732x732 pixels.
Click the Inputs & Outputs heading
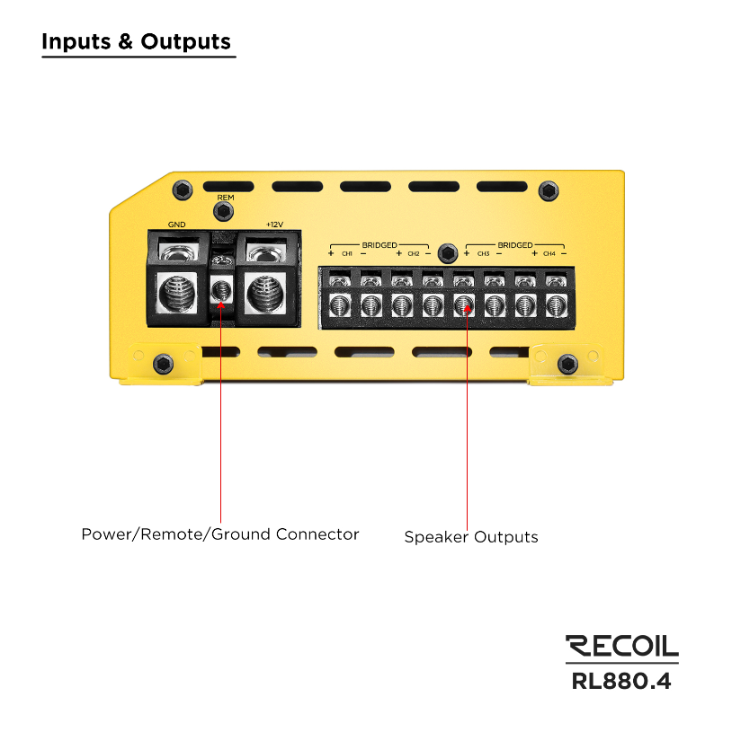click(136, 41)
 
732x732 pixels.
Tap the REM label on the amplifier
click(226, 198)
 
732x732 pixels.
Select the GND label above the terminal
click(176, 225)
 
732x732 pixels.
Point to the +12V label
click(274, 225)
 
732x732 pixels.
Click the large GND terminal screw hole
click(176, 293)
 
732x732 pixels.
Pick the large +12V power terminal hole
click(265, 293)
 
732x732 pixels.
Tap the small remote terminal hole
click(221, 291)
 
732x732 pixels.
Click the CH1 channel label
click(347, 254)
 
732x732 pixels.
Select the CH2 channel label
click(414, 254)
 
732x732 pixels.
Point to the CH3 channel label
click(483, 254)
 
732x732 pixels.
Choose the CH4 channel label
click(549, 254)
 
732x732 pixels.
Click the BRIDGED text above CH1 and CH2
click(379, 245)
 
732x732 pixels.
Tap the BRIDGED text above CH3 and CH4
click(515, 245)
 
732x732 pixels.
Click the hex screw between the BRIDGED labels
click(447, 253)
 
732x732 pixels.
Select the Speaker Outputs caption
click(471, 537)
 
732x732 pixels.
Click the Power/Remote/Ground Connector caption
click(220, 534)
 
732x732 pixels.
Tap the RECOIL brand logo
click(621, 646)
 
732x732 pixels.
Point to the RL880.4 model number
click(621, 681)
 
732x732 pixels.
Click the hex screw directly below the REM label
click(223, 211)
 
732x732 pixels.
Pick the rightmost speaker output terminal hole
click(557, 306)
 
